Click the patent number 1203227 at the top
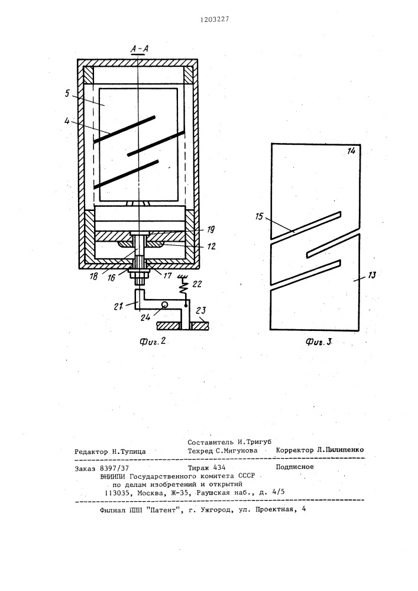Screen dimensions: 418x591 [x=215, y=20]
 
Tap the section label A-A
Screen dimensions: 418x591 [x=139, y=48]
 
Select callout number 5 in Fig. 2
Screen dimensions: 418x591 [x=67, y=93]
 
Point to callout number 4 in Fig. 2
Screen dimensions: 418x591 [x=67, y=122]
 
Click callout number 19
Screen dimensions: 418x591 [x=211, y=229]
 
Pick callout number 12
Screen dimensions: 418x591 [x=212, y=246]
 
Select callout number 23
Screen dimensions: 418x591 [x=201, y=311]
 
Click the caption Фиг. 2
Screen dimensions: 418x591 [x=153, y=342]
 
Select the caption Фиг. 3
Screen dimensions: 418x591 [x=319, y=342]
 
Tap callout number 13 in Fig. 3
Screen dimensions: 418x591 [x=371, y=275]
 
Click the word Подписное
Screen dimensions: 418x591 [x=295, y=467]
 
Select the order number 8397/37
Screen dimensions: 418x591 [x=115, y=468]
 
